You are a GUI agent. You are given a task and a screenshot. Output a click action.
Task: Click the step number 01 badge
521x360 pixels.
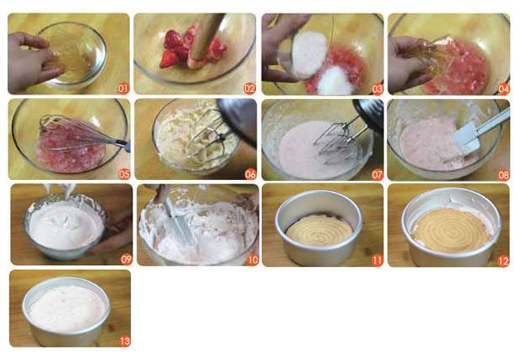point(123,89)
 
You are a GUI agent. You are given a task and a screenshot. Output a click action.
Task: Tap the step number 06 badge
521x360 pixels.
point(250,174)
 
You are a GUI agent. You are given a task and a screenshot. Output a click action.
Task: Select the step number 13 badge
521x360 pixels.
point(125,341)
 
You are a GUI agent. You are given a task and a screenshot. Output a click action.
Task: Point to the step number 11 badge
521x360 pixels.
point(377,260)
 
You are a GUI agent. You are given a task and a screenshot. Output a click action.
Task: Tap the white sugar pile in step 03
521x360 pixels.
point(335,80)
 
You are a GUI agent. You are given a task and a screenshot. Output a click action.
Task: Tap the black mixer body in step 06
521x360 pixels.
point(238,120)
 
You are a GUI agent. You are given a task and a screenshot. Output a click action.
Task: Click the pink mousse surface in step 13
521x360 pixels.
point(68,308)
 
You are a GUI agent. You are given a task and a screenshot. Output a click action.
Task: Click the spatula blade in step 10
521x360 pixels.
point(179,221)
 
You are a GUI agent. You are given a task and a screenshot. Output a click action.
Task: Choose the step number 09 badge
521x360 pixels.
point(127,259)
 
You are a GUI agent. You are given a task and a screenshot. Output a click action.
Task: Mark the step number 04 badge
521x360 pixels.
point(504,89)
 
